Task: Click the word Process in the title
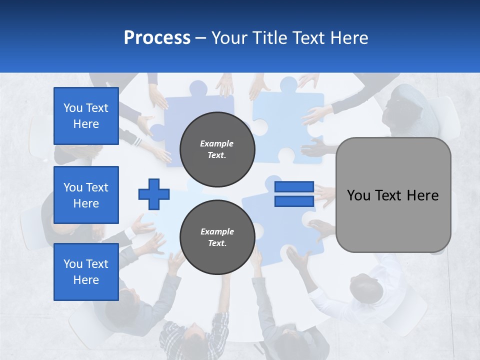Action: point(157,38)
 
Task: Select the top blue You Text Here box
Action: point(86,116)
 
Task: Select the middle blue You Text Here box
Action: point(86,195)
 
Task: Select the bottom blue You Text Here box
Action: point(86,272)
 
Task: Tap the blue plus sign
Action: point(154,194)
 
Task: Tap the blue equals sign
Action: point(294,194)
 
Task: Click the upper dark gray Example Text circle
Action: point(217,149)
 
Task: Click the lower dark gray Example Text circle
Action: point(217,237)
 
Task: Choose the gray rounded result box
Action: point(393,195)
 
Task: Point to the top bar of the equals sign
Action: point(294,187)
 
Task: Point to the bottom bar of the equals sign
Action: point(294,201)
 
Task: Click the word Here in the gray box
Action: point(422,195)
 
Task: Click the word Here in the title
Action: point(350,38)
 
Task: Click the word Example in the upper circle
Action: point(217,143)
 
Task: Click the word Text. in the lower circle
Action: point(217,243)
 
